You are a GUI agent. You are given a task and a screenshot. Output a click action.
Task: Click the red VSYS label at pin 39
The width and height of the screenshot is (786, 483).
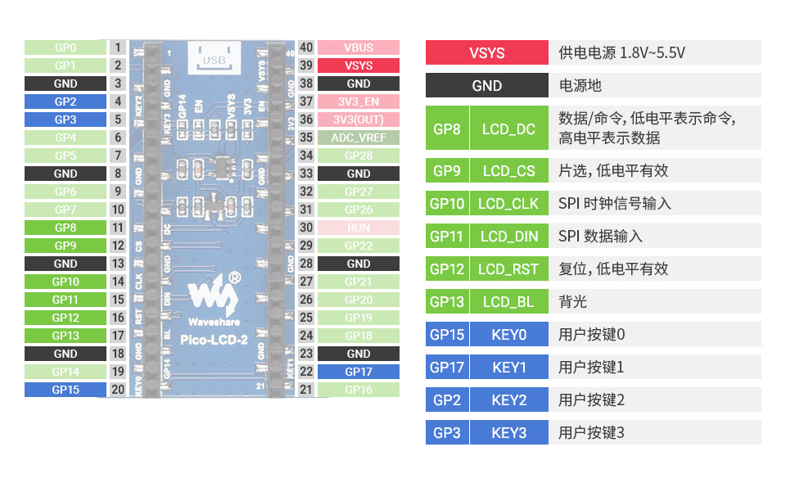point(358,65)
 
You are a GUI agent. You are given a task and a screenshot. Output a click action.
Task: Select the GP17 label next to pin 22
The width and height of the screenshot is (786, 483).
point(358,372)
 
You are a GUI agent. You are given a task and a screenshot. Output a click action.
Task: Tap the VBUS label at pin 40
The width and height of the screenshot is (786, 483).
point(358,47)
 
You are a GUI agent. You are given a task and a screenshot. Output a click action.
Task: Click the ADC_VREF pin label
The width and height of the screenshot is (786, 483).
point(358,138)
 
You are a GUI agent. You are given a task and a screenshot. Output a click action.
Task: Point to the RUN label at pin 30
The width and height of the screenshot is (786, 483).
point(358,228)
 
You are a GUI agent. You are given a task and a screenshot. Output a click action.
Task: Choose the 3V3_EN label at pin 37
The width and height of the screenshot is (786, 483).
point(358,102)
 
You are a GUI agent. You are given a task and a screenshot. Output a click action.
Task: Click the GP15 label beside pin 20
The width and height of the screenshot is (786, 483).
point(65,390)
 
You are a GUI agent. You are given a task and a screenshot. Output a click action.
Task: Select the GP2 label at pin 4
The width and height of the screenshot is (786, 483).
point(65,102)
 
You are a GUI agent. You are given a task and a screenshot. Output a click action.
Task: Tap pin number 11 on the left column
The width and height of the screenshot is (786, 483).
point(118,228)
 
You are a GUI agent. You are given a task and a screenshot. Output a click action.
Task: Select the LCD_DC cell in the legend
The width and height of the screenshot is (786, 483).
point(508,129)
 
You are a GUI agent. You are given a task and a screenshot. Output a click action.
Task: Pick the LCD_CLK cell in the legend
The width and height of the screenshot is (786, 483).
point(508,203)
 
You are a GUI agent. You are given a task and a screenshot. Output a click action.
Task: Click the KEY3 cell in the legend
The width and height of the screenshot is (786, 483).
point(508,432)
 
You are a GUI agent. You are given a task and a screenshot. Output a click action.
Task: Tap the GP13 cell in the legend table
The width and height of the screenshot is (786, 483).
point(447,301)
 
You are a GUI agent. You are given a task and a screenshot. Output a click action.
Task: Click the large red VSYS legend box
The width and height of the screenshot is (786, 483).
point(487,53)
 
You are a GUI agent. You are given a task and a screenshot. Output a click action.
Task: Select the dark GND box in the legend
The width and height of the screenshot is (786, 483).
point(487,86)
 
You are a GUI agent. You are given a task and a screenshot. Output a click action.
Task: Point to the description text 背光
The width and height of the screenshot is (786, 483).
point(573,301)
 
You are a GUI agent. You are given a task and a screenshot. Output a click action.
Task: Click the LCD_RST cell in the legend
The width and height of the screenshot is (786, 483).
point(508,269)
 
